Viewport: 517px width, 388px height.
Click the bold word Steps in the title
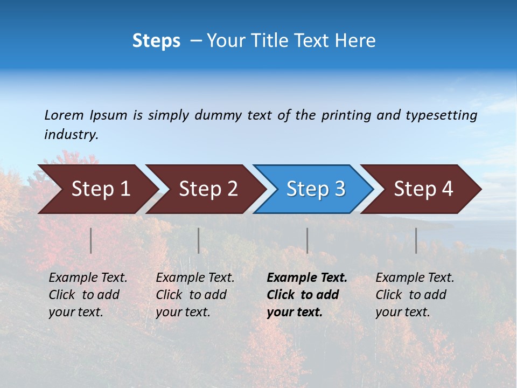(x=156, y=41)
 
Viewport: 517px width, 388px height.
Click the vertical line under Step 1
(x=91, y=240)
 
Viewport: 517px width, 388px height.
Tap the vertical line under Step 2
(x=199, y=240)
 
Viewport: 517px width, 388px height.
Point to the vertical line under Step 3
(x=308, y=240)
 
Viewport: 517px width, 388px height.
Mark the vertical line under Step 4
(x=416, y=240)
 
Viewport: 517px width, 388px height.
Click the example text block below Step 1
(x=88, y=295)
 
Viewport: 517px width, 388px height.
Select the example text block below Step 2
(x=195, y=295)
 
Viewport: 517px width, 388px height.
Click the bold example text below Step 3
(x=307, y=295)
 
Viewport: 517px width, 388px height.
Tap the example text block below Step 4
(x=415, y=295)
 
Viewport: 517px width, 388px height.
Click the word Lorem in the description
(x=64, y=115)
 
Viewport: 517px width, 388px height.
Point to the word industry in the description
(x=71, y=135)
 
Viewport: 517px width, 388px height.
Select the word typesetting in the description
(x=441, y=115)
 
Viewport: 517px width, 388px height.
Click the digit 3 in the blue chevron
(x=339, y=189)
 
